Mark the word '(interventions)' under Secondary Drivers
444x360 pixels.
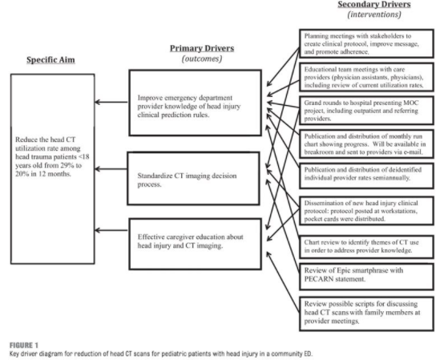pos(370,16)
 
